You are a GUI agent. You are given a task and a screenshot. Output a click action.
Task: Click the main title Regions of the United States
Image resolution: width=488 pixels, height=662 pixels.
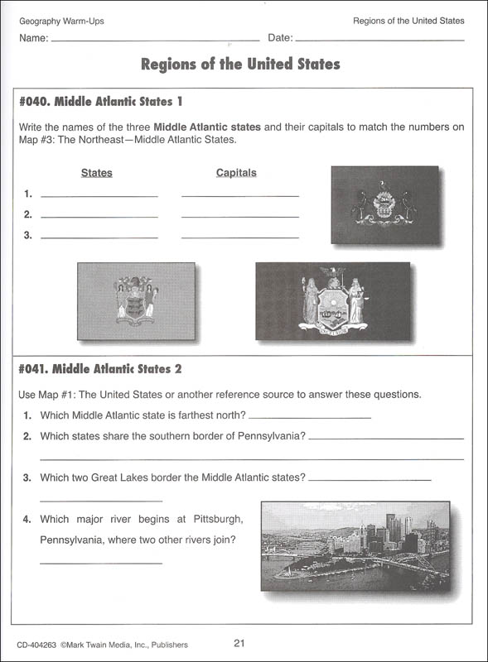point(240,65)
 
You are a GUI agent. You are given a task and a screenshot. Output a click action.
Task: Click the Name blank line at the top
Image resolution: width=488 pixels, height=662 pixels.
point(155,40)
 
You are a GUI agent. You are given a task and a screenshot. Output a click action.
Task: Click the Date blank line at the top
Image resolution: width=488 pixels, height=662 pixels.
point(379,40)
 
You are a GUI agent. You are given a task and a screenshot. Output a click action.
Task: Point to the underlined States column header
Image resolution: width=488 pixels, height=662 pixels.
point(97,174)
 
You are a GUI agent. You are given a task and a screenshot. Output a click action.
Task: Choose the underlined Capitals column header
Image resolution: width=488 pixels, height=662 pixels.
point(236,173)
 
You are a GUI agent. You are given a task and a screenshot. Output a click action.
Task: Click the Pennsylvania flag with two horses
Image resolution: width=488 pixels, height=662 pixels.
point(384,204)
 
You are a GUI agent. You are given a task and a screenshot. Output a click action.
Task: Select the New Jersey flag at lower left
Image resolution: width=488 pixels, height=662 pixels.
point(136,300)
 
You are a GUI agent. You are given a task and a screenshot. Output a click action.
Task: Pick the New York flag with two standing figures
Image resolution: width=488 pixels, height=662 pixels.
point(333,300)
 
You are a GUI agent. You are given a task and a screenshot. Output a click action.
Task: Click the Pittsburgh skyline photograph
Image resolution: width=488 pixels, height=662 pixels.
point(355,544)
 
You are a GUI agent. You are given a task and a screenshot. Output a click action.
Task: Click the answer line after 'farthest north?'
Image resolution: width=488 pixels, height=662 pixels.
point(309,419)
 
